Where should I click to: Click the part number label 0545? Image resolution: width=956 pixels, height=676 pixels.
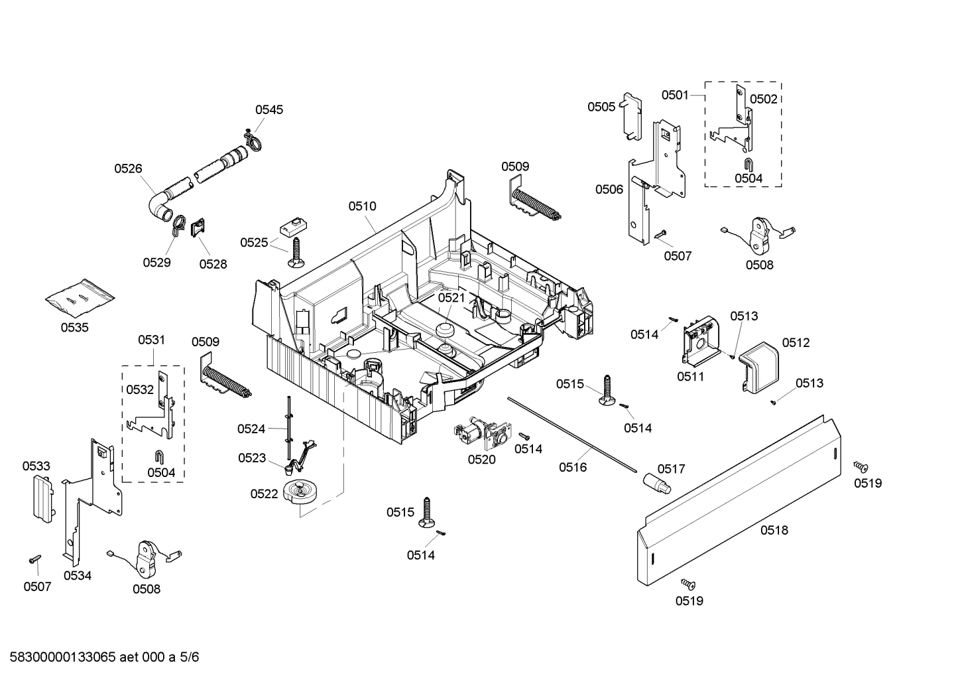[x=269, y=109]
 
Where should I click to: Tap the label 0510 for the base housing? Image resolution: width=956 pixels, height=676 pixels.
[x=362, y=206]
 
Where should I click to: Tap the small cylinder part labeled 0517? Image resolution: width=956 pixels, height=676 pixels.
[x=656, y=484]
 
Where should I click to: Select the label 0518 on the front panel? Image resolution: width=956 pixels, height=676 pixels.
[x=774, y=530]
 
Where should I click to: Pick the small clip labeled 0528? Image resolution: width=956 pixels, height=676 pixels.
[x=198, y=228]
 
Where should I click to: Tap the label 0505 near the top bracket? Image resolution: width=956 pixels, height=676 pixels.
[x=601, y=107]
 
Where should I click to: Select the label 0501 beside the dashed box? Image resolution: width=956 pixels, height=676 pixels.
[x=675, y=95]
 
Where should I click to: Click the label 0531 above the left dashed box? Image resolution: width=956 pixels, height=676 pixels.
[x=151, y=340]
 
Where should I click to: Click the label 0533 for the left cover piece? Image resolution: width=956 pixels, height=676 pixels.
[x=36, y=466]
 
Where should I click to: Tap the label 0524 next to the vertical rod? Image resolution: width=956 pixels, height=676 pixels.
[x=251, y=429]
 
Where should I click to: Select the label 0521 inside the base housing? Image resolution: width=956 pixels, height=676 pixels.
[x=451, y=298]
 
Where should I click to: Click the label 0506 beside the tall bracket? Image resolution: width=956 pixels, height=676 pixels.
[x=609, y=190]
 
